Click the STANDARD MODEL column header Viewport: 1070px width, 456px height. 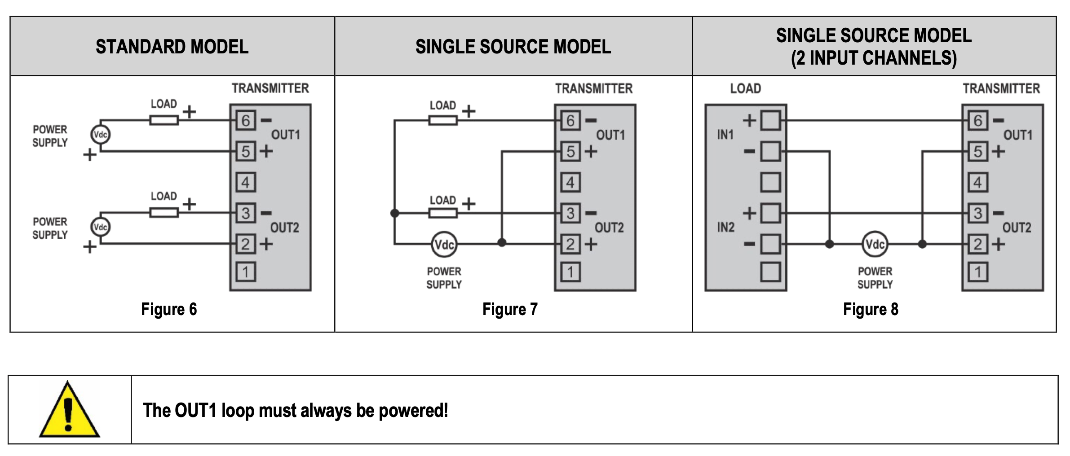click(172, 47)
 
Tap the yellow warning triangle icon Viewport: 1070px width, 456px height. click(69, 410)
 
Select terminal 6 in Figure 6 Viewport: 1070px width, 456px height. click(246, 120)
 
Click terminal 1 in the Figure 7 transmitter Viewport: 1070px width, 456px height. click(570, 272)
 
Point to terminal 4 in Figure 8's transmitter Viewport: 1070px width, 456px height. click(978, 182)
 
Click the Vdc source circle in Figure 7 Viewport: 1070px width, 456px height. click(444, 244)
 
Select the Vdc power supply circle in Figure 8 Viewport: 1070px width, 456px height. click(875, 244)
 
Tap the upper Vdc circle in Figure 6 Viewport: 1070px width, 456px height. click(100, 134)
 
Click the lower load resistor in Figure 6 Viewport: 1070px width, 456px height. click(164, 212)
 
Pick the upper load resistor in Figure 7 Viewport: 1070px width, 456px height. click(443, 120)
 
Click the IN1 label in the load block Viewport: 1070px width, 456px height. click(725, 135)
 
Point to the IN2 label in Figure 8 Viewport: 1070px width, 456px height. click(725, 227)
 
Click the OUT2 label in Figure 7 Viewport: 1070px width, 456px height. click(609, 228)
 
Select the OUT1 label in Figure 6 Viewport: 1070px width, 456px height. click(285, 135)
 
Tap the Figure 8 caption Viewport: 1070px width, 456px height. click(871, 309)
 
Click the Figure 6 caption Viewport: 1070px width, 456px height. click(169, 309)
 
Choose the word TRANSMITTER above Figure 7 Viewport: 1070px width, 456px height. click(594, 88)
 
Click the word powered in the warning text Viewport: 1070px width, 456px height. click(413, 411)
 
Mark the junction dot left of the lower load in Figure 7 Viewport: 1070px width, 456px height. click(395, 213)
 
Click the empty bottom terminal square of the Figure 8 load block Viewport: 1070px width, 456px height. click(770, 272)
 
